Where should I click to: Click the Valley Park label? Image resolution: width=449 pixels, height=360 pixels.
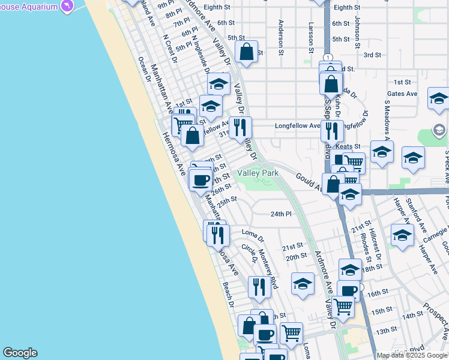[x=258, y=173]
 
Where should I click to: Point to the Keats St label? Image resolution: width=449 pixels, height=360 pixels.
[x=348, y=146]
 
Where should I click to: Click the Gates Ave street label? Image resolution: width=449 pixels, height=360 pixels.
[x=402, y=94]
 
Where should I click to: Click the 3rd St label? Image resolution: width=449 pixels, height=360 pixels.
[x=372, y=55]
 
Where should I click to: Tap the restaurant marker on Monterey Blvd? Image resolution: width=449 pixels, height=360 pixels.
[x=259, y=289]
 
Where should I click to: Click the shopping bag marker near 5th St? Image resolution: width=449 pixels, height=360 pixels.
[x=246, y=53]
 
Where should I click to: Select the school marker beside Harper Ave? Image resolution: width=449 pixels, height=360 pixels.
[x=402, y=236]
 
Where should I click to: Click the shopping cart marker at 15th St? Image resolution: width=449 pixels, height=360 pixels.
[x=343, y=306]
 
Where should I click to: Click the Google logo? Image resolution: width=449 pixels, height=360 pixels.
[x=20, y=353]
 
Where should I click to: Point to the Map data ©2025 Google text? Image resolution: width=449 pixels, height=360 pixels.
[x=411, y=355]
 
